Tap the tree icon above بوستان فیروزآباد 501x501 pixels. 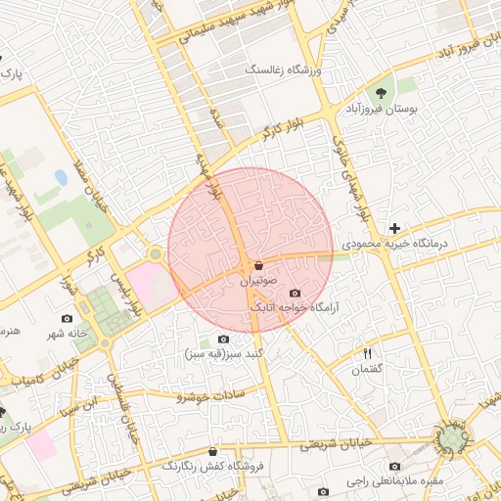point(380,94)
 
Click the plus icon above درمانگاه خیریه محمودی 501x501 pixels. point(394,227)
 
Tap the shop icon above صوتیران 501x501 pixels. point(257,265)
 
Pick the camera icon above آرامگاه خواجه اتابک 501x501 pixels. point(295,293)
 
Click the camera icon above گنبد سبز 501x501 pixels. point(223,339)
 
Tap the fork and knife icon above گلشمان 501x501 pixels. point(368,353)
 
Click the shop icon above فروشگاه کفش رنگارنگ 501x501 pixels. point(212,451)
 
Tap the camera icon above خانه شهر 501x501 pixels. point(67,318)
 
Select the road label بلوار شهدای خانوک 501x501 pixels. point(354,172)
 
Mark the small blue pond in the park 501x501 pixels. point(61,178)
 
